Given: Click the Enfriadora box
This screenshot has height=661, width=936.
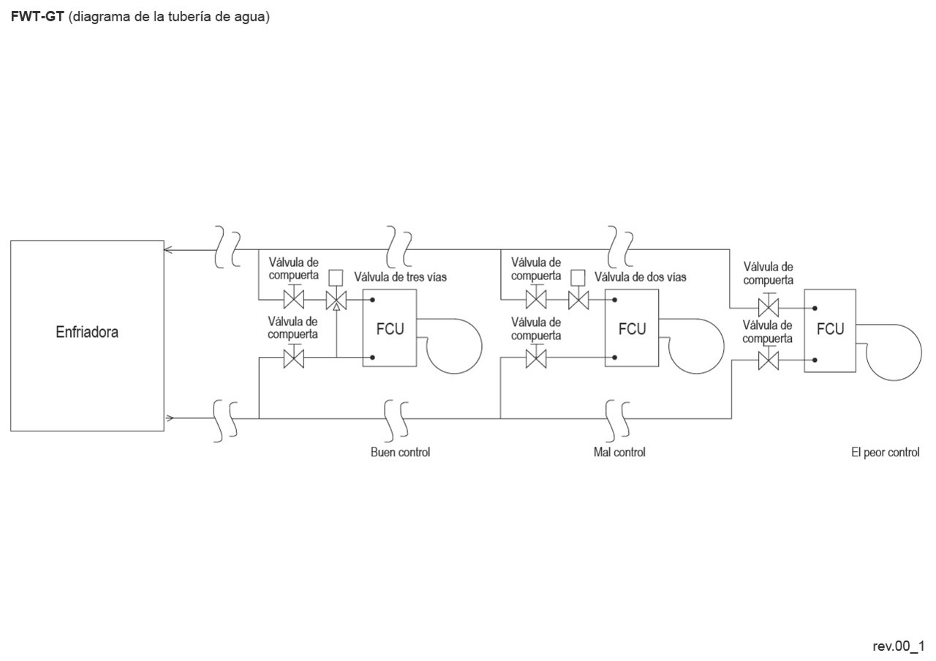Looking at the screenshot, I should click(87, 335).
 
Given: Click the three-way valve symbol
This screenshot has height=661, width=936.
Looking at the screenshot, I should click(336, 300).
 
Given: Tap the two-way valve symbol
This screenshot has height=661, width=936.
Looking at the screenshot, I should click(578, 300).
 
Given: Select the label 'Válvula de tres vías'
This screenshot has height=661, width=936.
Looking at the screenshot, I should click(400, 277).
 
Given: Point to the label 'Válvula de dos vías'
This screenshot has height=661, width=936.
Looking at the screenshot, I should click(640, 277).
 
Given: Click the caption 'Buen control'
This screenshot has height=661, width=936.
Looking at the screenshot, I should click(400, 452).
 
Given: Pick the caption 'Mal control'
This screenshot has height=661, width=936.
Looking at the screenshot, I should click(619, 452).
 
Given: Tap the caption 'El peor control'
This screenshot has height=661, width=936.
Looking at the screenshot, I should click(885, 452).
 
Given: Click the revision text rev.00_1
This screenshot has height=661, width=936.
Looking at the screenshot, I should click(898, 646).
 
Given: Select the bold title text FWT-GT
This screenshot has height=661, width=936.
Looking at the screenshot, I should click(37, 17).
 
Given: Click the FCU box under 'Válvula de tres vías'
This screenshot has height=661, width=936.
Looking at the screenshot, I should click(390, 328).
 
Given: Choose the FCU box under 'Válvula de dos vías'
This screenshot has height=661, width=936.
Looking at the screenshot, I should click(632, 328).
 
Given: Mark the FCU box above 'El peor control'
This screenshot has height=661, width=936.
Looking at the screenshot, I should click(830, 330).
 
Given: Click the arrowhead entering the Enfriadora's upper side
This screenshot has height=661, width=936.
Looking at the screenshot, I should click(168, 250).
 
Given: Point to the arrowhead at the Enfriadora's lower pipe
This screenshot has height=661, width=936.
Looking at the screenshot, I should click(169, 418).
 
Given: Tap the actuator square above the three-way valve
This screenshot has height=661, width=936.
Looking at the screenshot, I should click(336, 277).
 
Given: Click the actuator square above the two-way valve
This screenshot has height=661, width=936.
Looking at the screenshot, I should click(578, 277).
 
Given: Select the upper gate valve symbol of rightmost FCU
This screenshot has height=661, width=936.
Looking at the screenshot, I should click(769, 306).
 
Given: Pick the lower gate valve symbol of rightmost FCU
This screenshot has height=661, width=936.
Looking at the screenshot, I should click(769, 360).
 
